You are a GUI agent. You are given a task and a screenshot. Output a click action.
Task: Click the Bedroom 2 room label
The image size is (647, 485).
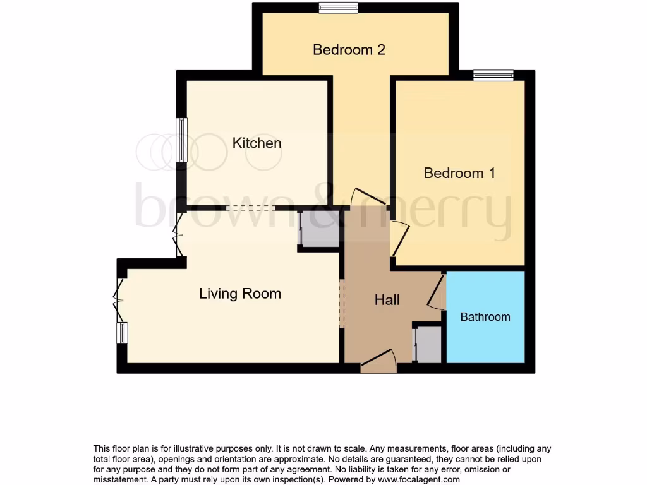349,50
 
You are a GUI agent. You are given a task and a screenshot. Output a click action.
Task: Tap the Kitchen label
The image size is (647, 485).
257,143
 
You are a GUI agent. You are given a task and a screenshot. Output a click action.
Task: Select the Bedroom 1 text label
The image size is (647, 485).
459,173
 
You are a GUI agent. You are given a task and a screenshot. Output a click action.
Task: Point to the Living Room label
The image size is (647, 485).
240,294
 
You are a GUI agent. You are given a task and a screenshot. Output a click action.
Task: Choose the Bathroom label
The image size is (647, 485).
485,317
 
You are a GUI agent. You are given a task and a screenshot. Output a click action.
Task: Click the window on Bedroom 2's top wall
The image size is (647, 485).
338,8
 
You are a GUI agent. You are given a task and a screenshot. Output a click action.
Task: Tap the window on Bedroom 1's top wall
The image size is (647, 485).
493,76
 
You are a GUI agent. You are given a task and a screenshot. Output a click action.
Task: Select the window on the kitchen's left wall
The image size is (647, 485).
182,140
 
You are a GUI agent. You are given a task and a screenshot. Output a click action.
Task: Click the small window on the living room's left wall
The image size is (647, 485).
122,333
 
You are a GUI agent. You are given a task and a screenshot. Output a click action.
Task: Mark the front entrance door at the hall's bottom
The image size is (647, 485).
378,362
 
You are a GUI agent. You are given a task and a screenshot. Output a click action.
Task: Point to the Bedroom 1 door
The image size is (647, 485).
399,239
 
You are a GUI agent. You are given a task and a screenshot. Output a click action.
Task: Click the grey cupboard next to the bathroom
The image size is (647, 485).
428,345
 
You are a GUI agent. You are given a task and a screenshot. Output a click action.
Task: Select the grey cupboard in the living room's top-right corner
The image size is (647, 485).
320,229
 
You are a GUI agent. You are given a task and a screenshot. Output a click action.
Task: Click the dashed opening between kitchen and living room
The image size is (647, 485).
250,207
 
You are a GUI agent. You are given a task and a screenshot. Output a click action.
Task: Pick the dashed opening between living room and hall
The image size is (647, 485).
342,304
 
